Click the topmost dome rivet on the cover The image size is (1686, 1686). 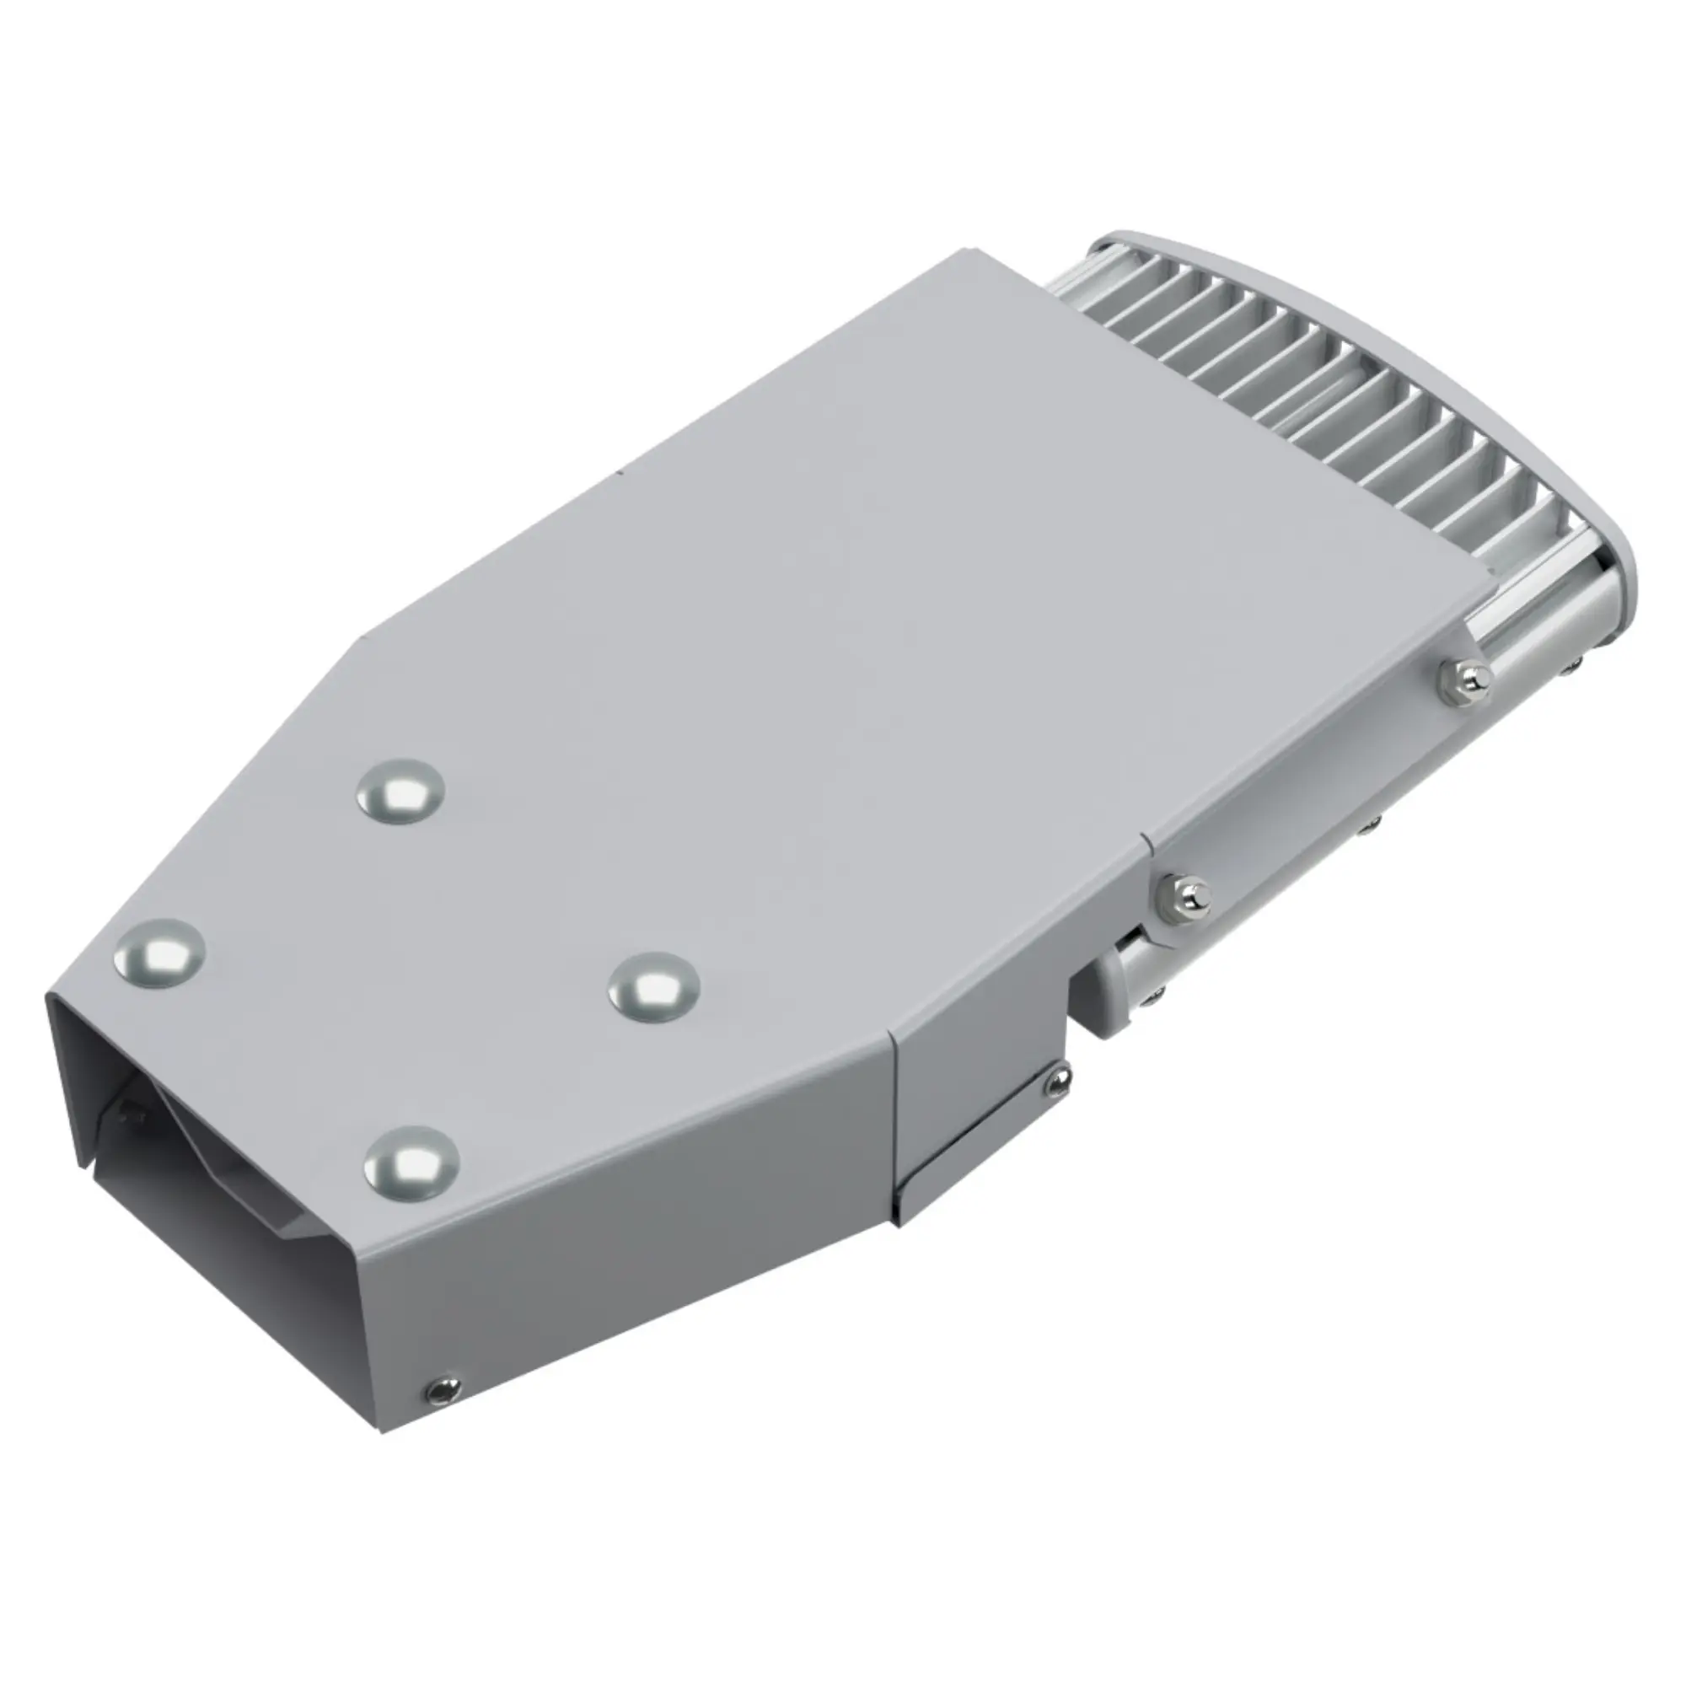400,792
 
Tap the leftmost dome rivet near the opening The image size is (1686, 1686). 159,953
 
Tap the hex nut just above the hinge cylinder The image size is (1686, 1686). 1186,894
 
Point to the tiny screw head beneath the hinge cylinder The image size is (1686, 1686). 1157,991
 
